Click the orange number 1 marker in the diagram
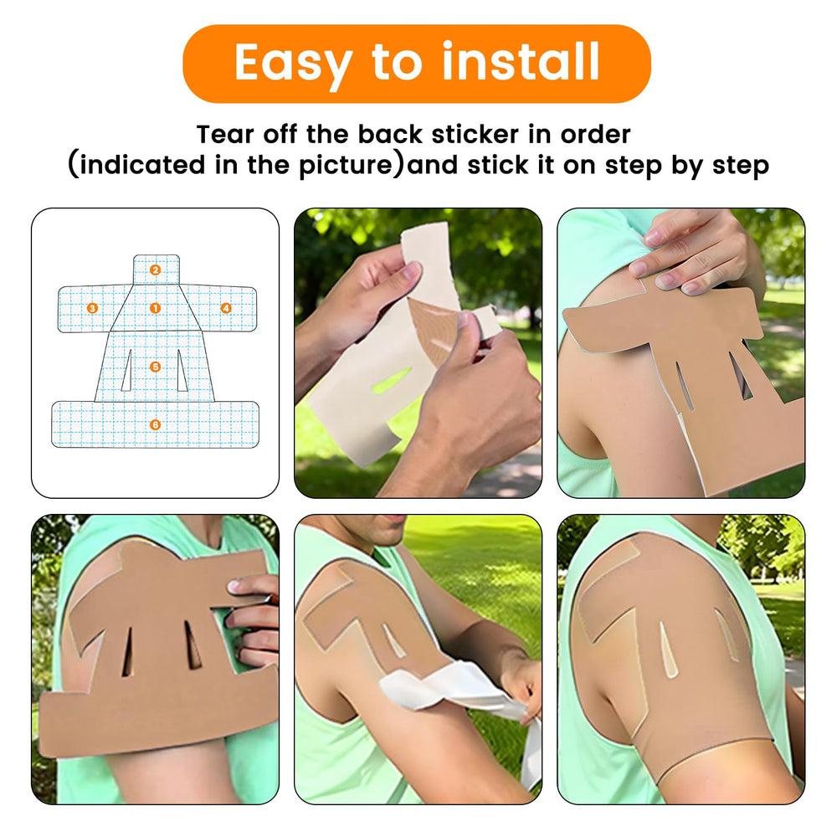pyautogui.click(x=155, y=308)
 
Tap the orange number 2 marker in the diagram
pyautogui.click(x=155, y=270)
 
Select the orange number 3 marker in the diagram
pyautogui.click(x=92, y=308)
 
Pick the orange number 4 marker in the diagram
pyautogui.click(x=226, y=308)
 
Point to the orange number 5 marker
pyautogui.click(x=155, y=367)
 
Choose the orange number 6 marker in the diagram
pyautogui.click(x=155, y=424)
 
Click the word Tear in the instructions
pyautogui.click(x=224, y=134)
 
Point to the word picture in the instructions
pyautogui.click(x=346, y=165)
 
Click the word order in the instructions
pyautogui.click(x=595, y=134)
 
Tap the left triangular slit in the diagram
pyautogui.click(x=127, y=372)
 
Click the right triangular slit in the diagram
pyautogui.click(x=182, y=372)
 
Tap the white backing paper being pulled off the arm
pyautogui.click(x=459, y=694)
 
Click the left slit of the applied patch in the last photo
pyautogui.click(x=667, y=649)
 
